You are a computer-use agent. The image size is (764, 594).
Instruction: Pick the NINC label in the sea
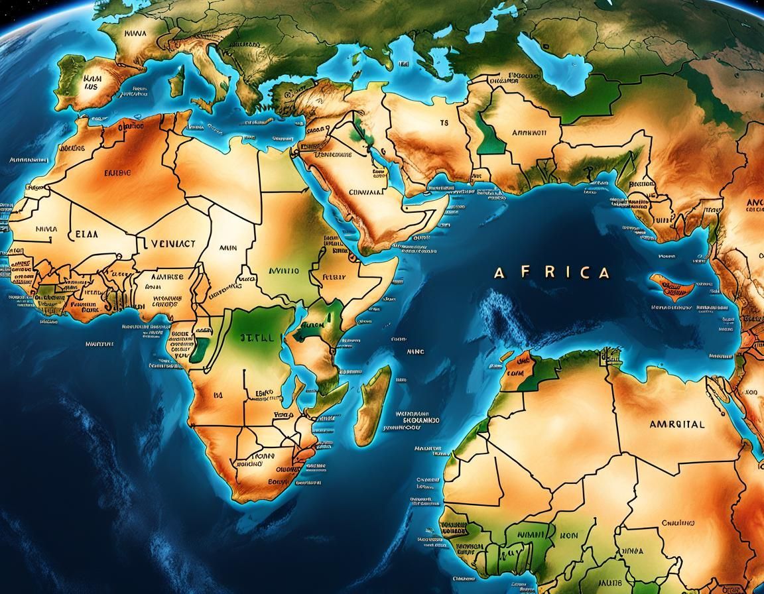pos(415,353)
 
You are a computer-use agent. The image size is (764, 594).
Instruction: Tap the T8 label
pos(444,123)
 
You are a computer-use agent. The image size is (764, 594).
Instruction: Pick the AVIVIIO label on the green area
pos(283,270)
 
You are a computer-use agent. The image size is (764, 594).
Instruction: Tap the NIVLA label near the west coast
pos(45,229)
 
